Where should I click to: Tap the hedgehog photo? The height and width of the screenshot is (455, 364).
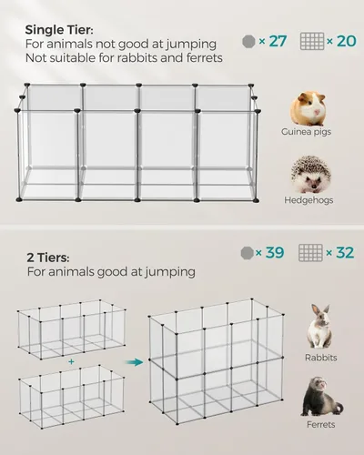tap(308, 173)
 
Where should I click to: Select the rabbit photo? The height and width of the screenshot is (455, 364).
tap(320, 327)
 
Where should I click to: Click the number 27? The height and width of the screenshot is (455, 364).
tap(278, 41)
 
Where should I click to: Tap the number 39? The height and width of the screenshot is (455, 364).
tap(274, 252)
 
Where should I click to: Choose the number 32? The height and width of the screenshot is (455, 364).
tap(344, 252)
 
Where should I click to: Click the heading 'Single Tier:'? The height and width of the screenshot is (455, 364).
tap(57, 29)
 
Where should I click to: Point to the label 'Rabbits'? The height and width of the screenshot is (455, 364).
tap(320, 358)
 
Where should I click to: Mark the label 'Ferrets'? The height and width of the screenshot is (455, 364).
tap(320, 424)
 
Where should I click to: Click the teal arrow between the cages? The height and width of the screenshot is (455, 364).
tap(135, 361)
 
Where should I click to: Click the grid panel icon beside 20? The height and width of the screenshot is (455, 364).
tap(312, 41)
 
